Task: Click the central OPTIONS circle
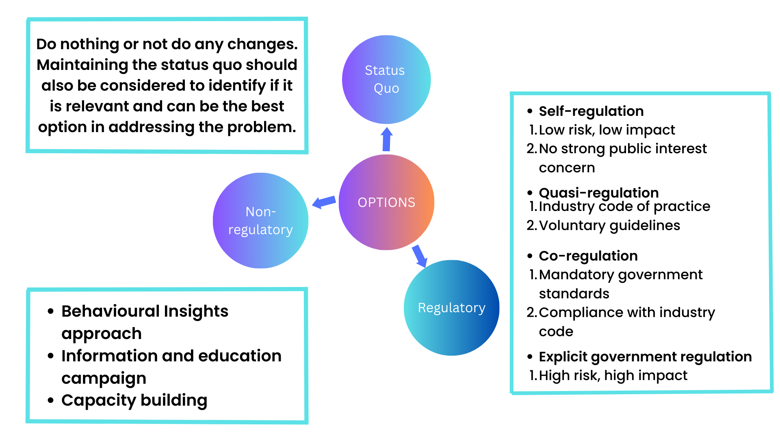386,202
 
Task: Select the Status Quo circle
386,79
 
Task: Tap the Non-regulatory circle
260,220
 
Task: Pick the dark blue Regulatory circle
451,308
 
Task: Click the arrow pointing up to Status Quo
387,139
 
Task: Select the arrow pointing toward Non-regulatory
324,202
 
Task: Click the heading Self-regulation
591,111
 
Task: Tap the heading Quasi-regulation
598,192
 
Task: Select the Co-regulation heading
588,256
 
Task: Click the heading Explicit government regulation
645,356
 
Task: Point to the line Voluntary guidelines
609,225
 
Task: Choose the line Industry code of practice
624,206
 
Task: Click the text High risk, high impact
613,376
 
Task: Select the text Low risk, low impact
607,130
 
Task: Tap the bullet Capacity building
134,400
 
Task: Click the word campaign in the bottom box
104,378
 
